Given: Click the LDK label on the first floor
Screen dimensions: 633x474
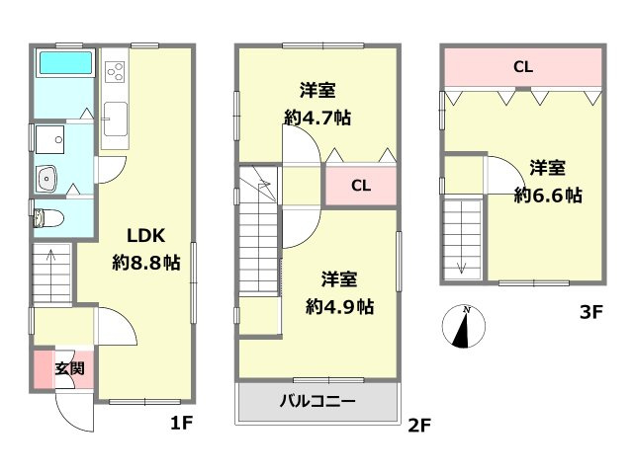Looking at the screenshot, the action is [145, 236].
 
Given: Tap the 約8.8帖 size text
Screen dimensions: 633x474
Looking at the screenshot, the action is [146, 263].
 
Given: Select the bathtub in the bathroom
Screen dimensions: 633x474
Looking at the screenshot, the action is [66, 62].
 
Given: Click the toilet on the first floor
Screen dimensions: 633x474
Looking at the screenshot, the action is [48, 218].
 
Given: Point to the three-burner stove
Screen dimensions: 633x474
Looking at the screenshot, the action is [115, 72].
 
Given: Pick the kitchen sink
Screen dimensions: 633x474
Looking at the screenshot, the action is [116, 118].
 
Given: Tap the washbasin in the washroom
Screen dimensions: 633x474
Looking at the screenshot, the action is [46, 179].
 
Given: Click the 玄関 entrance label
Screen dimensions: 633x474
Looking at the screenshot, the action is [70, 368].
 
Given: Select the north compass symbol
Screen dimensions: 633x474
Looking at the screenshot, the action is [464, 327].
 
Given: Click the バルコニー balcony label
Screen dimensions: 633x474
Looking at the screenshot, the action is [318, 401].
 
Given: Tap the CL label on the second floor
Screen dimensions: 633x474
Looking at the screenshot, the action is [361, 186].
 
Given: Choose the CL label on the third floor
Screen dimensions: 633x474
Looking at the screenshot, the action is [523, 66].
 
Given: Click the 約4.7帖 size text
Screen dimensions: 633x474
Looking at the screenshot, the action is [317, 118].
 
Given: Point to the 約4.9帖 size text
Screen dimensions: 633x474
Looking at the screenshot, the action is [339, 307].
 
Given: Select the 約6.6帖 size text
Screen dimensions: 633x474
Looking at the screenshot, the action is [548, 196].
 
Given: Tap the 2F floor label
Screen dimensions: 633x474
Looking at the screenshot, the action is [419, 426].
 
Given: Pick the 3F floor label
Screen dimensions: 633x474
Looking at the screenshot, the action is [591, 312].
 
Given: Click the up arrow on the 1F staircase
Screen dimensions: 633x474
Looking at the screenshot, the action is [51, 261].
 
